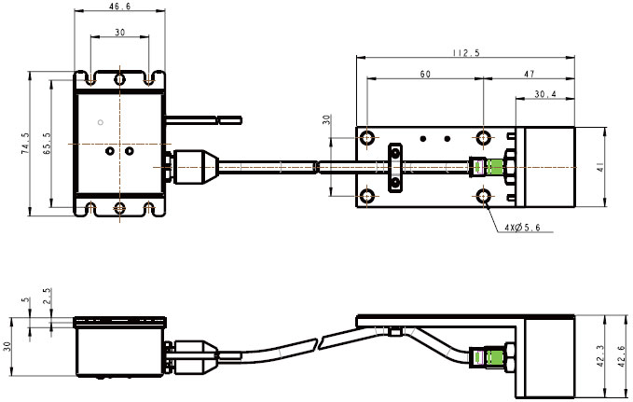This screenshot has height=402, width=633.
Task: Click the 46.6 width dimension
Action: [119, 7]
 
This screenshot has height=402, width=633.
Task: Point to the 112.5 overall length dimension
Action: [463, 54]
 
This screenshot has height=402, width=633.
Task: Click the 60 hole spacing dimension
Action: [425, 73]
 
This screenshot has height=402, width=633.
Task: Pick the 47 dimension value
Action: [529, 73]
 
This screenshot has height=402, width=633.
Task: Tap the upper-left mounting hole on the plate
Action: [370, 138]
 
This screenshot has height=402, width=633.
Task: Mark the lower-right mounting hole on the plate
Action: [484, 196]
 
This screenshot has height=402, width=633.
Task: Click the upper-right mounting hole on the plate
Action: [484, 138]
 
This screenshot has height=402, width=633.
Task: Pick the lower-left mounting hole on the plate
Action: [370, 196]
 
